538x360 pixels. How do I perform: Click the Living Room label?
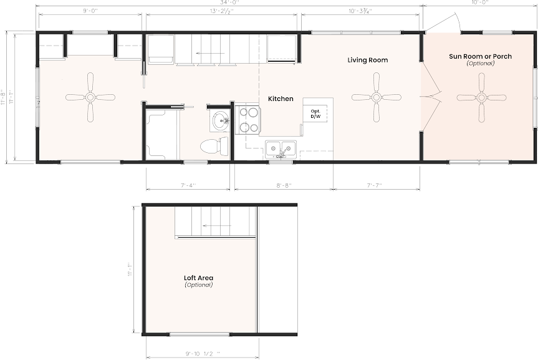[367, 60]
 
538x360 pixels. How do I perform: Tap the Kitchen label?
[281, 99]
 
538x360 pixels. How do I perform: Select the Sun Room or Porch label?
[481, 56]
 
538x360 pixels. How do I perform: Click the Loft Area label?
[198, 278]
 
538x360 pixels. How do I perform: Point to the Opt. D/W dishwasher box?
[315, 114]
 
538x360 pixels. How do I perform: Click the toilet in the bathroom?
[214, 145]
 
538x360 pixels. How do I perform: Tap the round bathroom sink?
[219, 121]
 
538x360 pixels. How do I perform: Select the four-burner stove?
[249, 120]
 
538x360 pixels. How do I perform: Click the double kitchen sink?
[281, 149]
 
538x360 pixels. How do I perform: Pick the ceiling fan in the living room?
[377, 97]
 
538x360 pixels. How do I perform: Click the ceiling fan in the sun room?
[481, 97]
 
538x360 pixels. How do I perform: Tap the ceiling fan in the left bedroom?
[90, 97]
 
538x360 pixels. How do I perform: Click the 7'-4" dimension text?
[188, 185]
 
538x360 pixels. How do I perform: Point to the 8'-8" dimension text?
[284, 185]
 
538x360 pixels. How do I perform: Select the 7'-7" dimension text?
[374, 185]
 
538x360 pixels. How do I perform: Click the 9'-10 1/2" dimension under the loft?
[203, 354]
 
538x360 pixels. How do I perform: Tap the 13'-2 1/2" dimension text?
[222, 11]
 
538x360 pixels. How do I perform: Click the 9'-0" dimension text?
[90, 11]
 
